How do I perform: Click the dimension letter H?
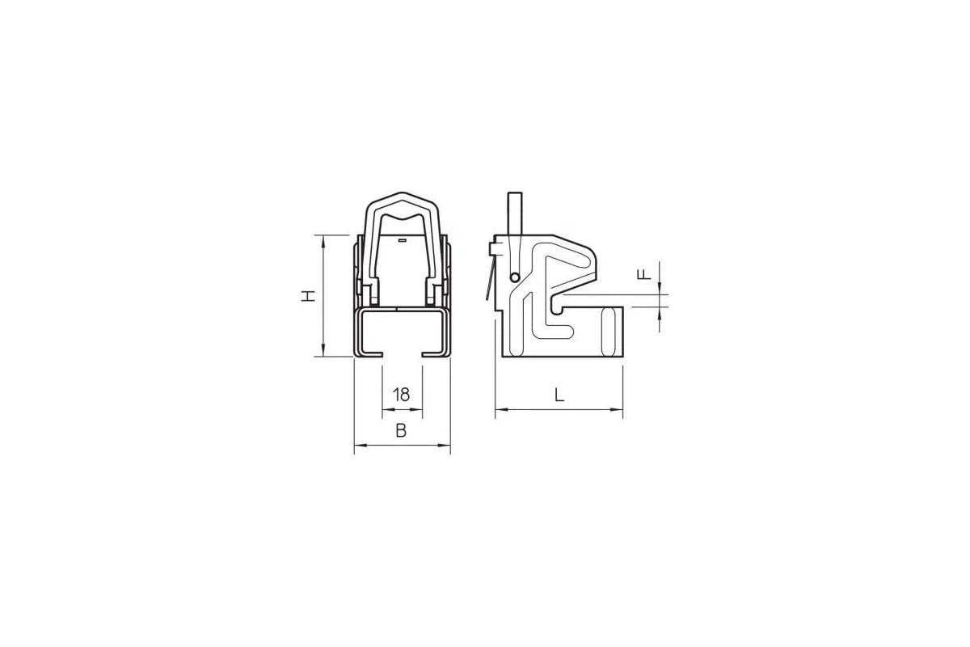click(308, 296)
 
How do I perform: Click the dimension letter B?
click(402, 431)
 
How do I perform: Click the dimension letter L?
click(559, 395)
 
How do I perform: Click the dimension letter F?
click(644, 274)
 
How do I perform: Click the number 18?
click(402, 395)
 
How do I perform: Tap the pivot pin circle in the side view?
click(515, 277)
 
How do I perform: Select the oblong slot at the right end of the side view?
click(609, 332)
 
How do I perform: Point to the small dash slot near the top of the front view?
click(403, 240)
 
